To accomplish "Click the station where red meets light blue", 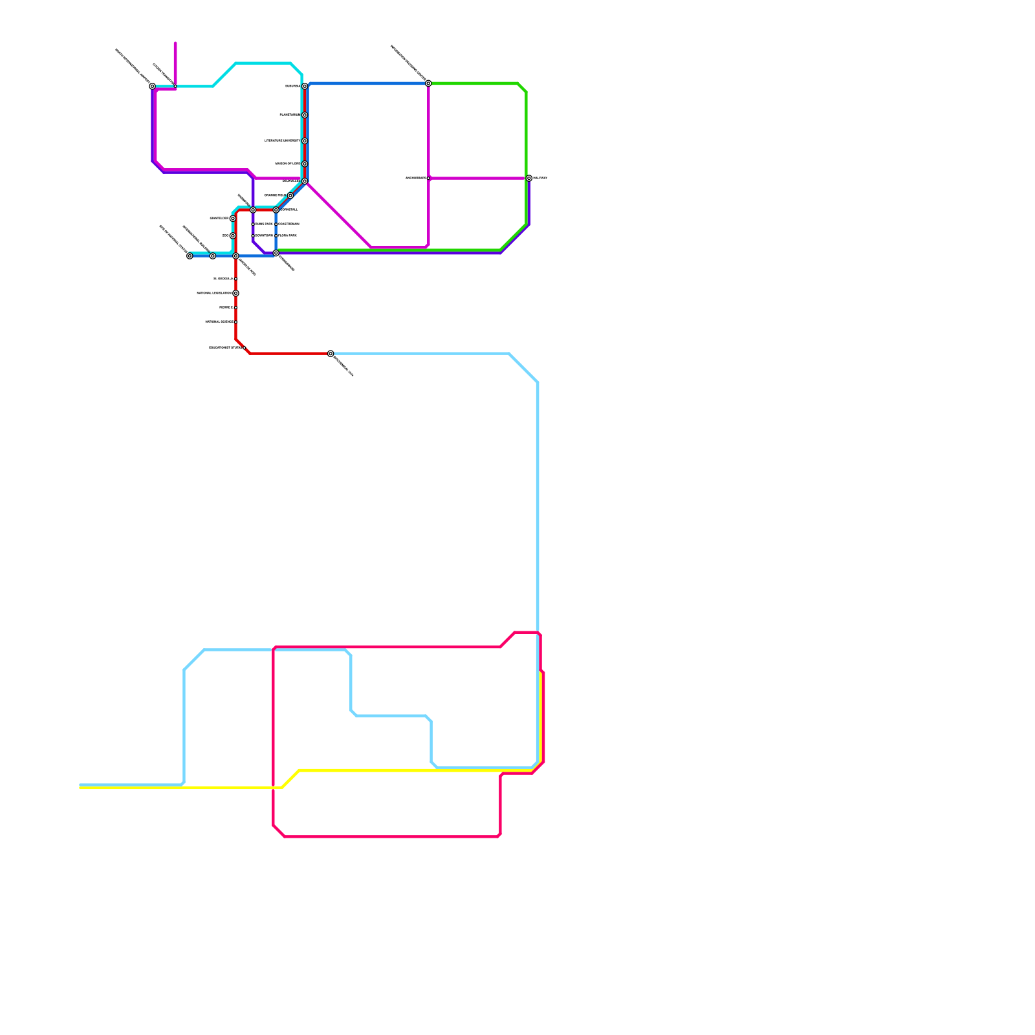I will (x=331, y=354).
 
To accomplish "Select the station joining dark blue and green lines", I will (x=428, y=83).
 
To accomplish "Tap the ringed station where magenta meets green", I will (x=528, y=178).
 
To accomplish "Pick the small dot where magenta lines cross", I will (x=428, y=178).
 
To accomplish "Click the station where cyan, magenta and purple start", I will (x=153, y=86).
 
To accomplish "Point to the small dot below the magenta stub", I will (x=175, y=86).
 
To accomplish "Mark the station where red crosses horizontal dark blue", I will (x=236, y=256).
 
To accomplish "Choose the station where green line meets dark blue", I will (x=276, y=253).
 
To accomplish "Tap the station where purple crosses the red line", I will (x=253, y=210).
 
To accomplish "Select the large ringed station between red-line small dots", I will (x=236, y=293).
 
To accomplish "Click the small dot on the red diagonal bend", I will (x=244, y=348).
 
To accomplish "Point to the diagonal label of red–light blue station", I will (x=343, y=366).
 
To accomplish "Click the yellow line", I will (x=388, y=770).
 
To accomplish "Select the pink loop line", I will (x=388, y=836).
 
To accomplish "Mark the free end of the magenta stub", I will (x=175, y=44).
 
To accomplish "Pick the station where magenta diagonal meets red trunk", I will (x=305, y=181).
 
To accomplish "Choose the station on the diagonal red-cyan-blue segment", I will (x=290, y=195).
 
